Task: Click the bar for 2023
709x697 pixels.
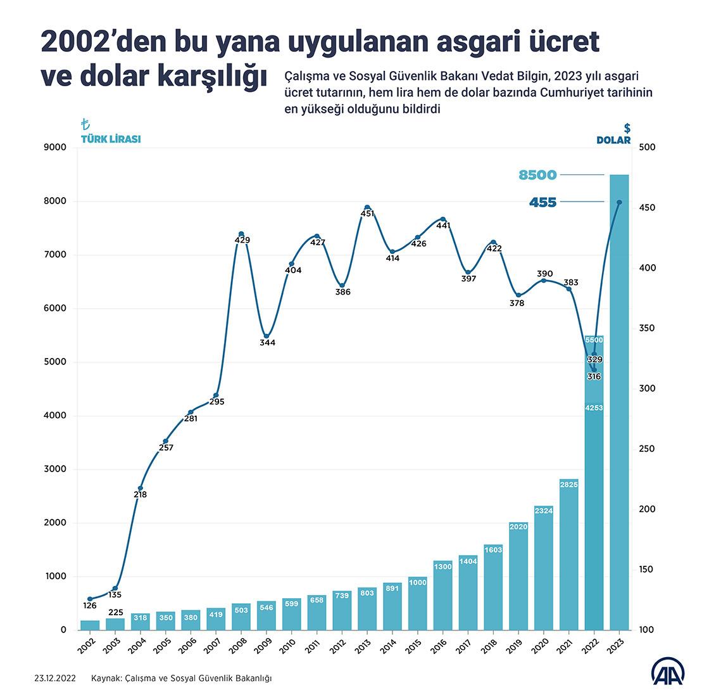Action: [619, 406]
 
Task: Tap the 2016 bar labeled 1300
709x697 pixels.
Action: [442, 596]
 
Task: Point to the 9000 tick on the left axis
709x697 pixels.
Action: [54, 148]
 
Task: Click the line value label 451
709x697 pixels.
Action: [367, 214]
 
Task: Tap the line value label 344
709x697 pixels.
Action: [267, 343]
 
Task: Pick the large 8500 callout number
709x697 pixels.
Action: [537, 175]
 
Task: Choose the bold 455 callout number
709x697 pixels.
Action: [543, 203]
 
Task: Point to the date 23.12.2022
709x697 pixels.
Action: [55, 678]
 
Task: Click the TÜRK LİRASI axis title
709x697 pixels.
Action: [110, 139]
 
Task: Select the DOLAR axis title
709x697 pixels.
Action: [613, 140]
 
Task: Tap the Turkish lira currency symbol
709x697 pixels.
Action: [85, 125]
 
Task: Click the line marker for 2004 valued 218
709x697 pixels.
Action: [140, 488]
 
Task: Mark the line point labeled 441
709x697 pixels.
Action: [442, 219]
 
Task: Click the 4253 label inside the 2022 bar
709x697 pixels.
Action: [594, 408]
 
